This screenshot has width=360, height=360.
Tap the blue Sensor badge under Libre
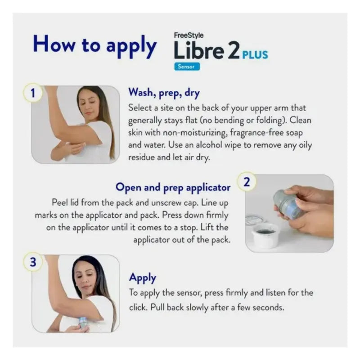(187, 67)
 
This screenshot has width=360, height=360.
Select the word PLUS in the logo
(255, 55)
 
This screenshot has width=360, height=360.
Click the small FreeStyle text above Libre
(189, 35)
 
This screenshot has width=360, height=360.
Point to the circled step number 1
(32, 94)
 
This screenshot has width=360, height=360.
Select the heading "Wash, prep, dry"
(164, 93)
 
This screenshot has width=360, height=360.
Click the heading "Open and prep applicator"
(173, 187)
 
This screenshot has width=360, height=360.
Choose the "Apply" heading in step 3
(143, 277)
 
